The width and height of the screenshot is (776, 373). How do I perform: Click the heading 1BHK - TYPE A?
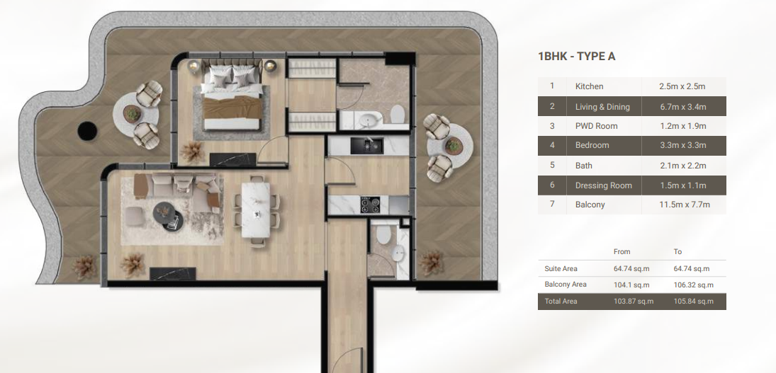(x=577, y=57)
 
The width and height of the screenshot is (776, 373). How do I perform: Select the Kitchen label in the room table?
(x=589, y=86)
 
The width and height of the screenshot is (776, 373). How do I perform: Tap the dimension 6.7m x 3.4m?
(x=682, y=107)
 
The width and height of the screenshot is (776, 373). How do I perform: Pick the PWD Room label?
(x=597, y=126)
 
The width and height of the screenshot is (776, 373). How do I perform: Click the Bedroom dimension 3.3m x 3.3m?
(x=682, y=145)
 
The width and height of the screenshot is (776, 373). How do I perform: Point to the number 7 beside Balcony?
(x=552, y=204)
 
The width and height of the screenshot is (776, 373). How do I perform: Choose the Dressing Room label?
(x=603, y=185)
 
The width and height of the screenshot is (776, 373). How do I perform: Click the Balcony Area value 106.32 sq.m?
(x=693, y=285)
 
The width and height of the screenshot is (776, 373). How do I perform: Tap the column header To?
(x=677, y=251)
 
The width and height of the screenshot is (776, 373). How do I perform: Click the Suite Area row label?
(x=561, y=269)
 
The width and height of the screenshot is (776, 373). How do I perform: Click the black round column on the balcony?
(x=87, y=131)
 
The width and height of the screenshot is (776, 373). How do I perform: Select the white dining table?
(x=255, y=210)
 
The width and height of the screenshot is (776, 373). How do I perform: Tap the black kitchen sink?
(x=366, y=145)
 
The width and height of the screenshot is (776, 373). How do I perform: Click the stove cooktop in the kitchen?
(x=370, y=205)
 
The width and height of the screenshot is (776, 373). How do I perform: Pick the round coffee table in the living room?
(x=168, y=214)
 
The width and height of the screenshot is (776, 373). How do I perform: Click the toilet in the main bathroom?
(x=398, y=114)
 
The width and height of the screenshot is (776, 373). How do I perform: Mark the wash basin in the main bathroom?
(x=368, y=120)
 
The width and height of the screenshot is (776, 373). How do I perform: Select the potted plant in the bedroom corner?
(x=192, y=152)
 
